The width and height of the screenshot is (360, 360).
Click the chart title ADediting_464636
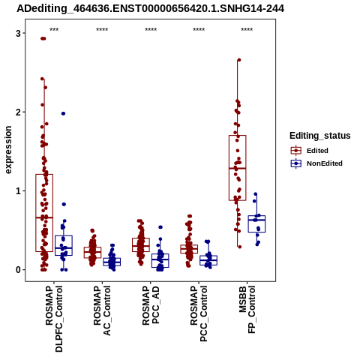click(x=151, y=9)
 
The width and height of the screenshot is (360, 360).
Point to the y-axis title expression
click(x=8, y=150)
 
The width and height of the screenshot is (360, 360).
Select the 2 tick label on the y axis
click(x=18, y=112)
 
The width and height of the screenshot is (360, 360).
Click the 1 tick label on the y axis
click(x=18, y=190)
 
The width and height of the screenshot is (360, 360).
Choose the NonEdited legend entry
click(x=316, y=163)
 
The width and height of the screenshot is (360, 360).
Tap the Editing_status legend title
click(x=320, y=136)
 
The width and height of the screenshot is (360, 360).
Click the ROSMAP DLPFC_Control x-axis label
click(x=54, y=319)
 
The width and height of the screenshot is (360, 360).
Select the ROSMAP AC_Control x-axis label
click(x=102, y=310)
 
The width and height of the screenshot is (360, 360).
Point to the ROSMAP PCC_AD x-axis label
click(x=151, y=305)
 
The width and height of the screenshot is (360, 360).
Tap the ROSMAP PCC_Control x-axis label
click(x=199, y=313)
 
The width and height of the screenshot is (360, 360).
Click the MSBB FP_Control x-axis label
click(x=247, y=310)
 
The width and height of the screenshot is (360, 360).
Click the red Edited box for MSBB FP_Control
click(x=238, y=168)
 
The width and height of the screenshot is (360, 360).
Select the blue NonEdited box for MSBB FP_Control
click(x=256, y=223)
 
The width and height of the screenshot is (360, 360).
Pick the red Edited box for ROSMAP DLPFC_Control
click(x=44, y=213)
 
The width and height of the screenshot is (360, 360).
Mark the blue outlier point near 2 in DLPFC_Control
click(x=63, y=113)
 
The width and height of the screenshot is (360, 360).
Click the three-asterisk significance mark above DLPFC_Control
click(x=54, y=30)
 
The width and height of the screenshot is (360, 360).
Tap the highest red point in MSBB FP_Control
click(x=239, y=60)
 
